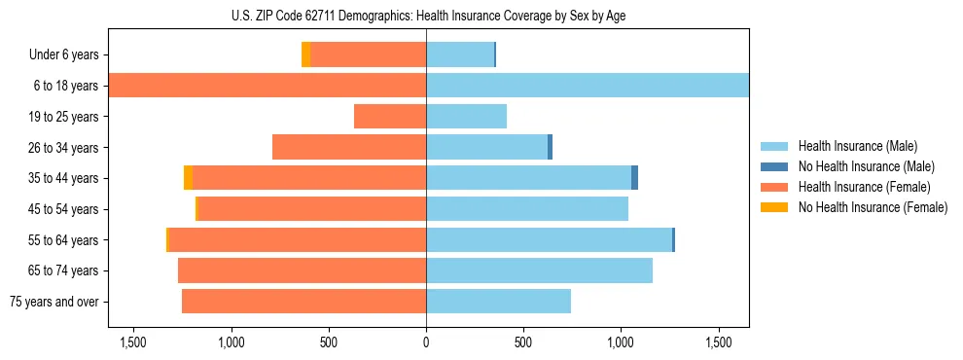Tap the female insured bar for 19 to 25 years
[390, 117]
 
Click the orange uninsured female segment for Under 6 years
[305, 55]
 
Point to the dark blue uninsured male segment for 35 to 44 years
[634, 178]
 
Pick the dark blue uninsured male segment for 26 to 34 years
[550, 147]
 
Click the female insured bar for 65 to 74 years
[302, 270]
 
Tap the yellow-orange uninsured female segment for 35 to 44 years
[188, 178]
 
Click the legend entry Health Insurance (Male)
[857, 146]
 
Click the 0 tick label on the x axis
[426, 343]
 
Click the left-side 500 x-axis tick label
[329, 343]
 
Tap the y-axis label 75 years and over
[54, 302]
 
